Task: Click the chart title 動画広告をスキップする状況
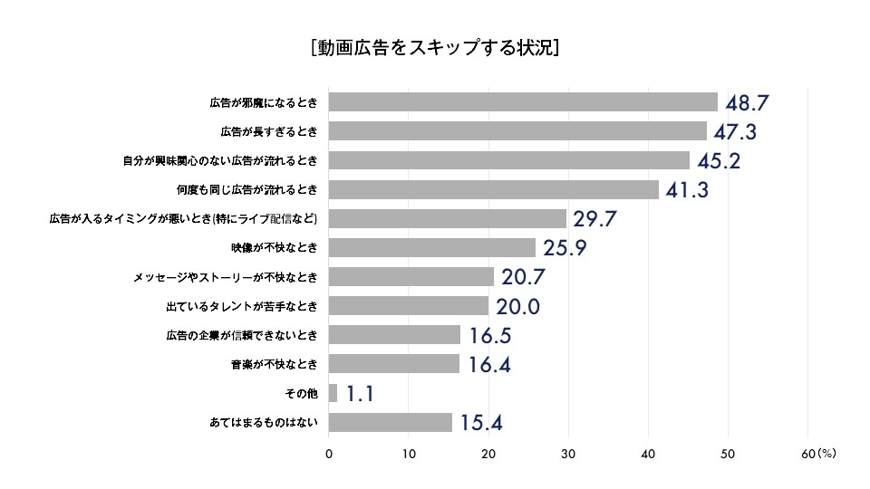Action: [x=434, y=47]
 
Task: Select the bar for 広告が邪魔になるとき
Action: [x=522, y=101]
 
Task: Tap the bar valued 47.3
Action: [x=517, y=131]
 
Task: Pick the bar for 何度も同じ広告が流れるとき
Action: [x=493, y=189]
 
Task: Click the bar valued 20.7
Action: [x=411, y=277]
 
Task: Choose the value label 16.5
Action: [x=490, y=336]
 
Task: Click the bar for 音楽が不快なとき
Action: [x=394, y=364]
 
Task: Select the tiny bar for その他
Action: [x=333, y=393]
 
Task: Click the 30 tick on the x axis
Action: [x=568, y=455]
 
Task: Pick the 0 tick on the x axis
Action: [x=328, y=455]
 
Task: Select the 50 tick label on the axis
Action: [x=728, y=455]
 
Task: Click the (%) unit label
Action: [x=826, y=455]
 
